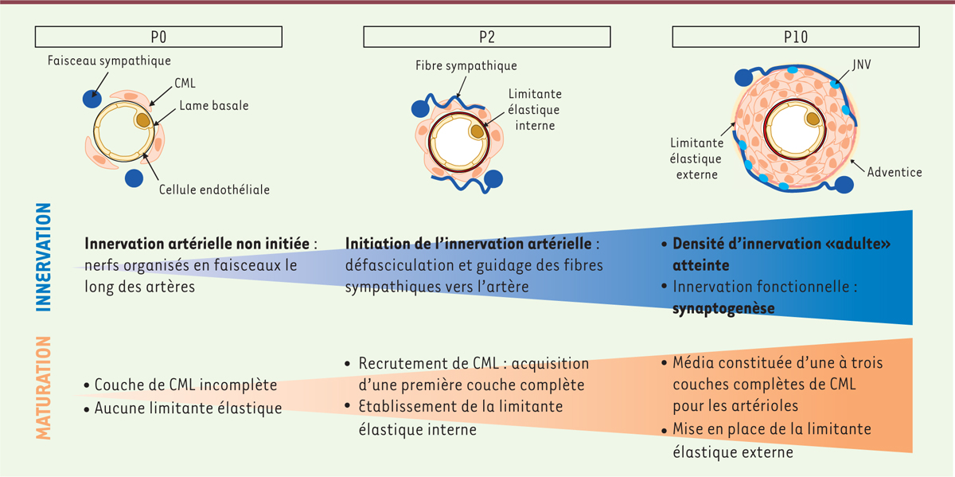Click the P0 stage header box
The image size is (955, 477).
159,36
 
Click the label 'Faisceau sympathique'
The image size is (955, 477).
109,61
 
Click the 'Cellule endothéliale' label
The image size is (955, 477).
214,190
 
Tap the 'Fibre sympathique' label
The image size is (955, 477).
466,66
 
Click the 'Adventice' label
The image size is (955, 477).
895,172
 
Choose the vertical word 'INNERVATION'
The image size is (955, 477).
44,256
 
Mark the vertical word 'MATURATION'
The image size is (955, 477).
44,388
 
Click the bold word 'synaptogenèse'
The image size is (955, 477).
724,307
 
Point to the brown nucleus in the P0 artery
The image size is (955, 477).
143,119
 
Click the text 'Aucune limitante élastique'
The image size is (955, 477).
188,409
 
